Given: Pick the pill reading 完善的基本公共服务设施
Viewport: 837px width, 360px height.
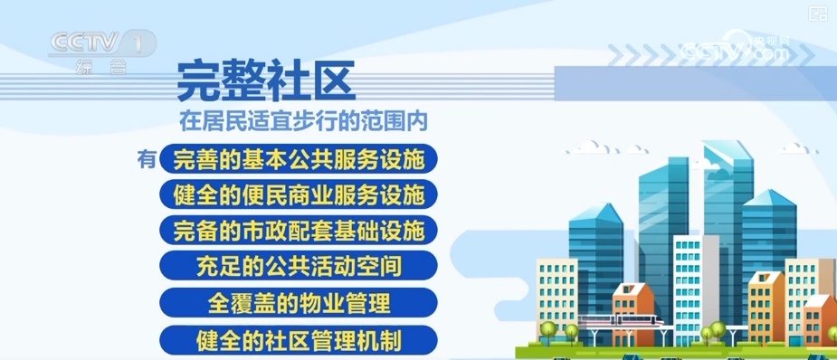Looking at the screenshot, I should pos(299,160).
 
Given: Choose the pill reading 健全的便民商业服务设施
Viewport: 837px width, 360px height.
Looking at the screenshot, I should pos(299,194).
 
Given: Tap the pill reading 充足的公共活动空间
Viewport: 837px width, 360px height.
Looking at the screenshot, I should pos(299,266).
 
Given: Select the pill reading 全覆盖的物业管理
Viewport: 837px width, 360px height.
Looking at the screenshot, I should pos(299,302).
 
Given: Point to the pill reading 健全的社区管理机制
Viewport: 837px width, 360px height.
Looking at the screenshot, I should pos(299,339).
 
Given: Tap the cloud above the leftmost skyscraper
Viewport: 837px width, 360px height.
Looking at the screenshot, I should pos(599,147).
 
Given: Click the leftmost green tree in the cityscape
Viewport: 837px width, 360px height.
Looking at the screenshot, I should pos(547,328).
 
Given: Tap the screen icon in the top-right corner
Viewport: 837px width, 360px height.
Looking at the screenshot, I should pos(817,12).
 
